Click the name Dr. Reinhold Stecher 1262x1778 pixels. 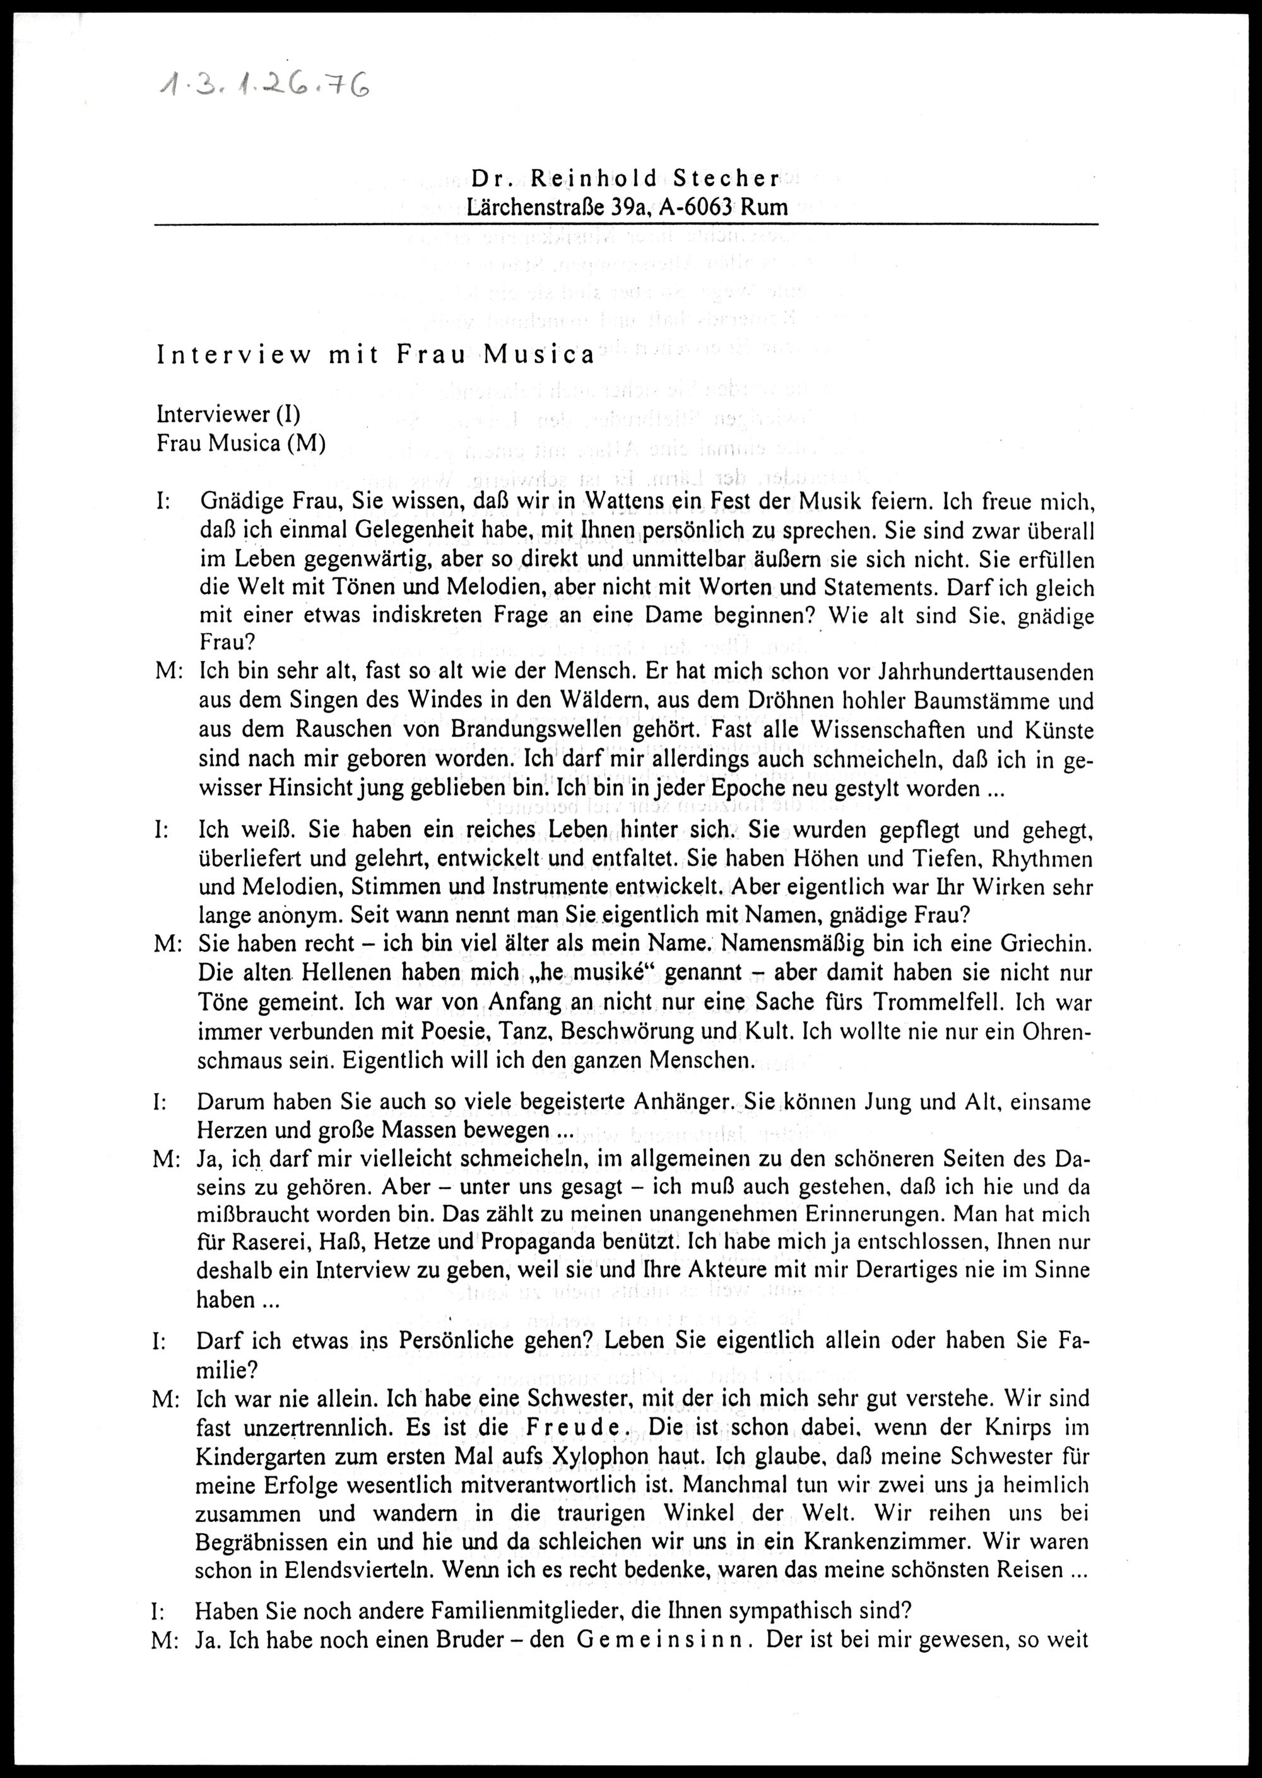tap(625, 179)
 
